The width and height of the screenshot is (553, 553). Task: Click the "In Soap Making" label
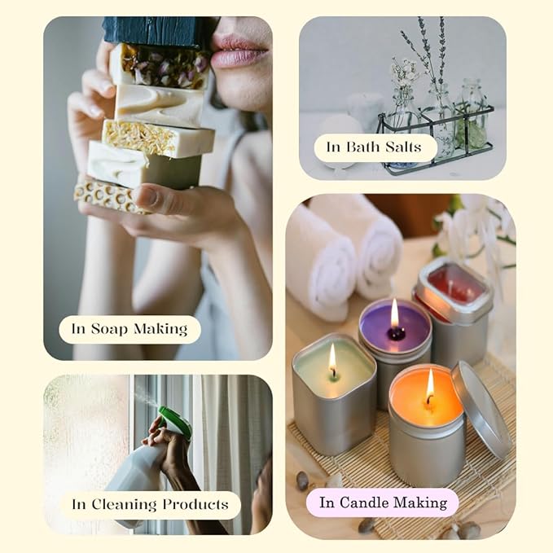point(129,329)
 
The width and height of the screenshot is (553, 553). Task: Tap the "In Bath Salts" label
point(375,147)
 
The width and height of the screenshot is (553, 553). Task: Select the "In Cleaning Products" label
point(151,505)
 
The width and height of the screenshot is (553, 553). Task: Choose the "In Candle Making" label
point(383,503)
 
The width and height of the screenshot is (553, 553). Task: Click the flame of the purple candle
point(395,314)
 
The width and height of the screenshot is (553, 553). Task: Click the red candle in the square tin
point(455,284)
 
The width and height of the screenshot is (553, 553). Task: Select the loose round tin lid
point(481,410)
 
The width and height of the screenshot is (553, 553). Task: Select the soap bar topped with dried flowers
point(160,66)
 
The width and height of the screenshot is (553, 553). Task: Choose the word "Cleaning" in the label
point(124,505)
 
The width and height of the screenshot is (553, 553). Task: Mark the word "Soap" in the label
point(109,329)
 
